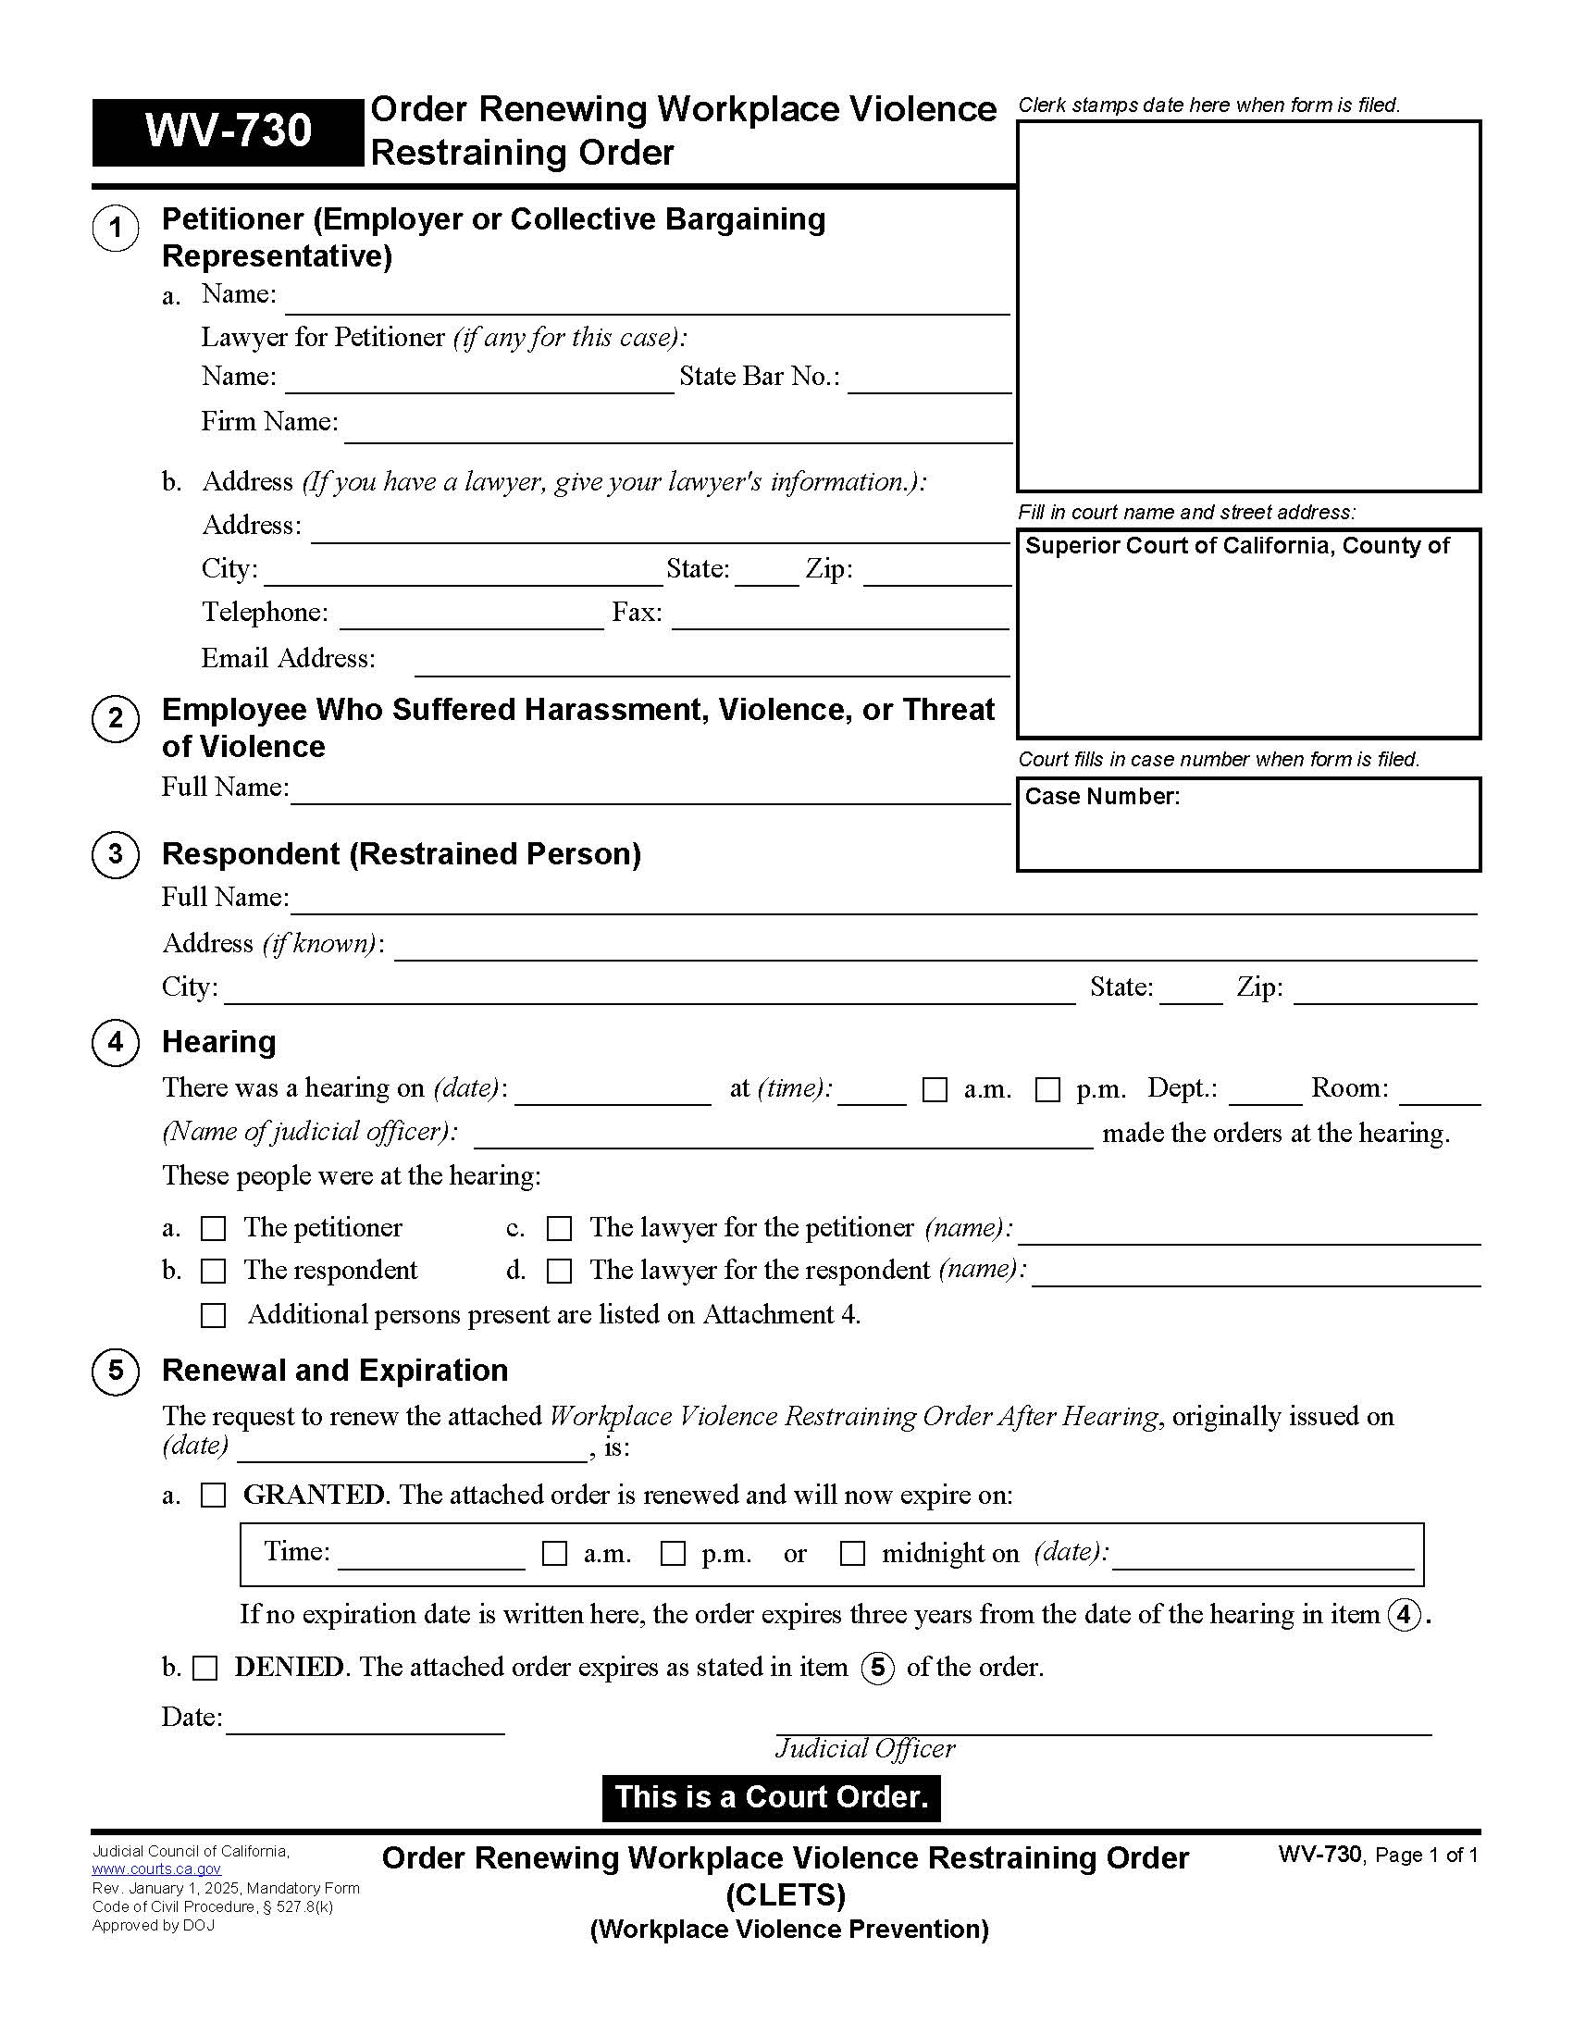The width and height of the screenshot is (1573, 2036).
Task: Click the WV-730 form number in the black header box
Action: [x=228, y=131]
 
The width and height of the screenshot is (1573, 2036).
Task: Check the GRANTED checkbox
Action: [x=214, y=1496]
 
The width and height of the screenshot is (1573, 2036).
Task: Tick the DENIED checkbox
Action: [x=205, y=1668]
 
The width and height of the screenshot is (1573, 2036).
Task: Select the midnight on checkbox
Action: [x=851, y=1553]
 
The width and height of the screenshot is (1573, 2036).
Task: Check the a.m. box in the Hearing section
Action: [x=934, y=1090]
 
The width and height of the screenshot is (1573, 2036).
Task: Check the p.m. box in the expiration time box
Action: [x=672, y=1553]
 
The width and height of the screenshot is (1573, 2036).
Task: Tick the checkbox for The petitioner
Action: [x=214, y=1229]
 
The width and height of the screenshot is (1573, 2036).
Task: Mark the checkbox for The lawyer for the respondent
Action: [x=559, y=1271]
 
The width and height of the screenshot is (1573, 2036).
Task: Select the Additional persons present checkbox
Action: [x=214, y=1315]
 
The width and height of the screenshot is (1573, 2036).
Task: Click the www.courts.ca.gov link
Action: [x=156, y=1869]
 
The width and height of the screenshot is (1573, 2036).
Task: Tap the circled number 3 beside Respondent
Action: [x=116, y=854]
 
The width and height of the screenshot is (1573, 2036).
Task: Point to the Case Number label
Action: [x=1101, y=796]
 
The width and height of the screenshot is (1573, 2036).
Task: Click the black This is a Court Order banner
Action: [x=771, y=1797]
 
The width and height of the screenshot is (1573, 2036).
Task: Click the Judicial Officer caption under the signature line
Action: [x=865, y=1748]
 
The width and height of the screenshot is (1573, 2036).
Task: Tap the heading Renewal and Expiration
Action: [x=335, y=1371]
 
